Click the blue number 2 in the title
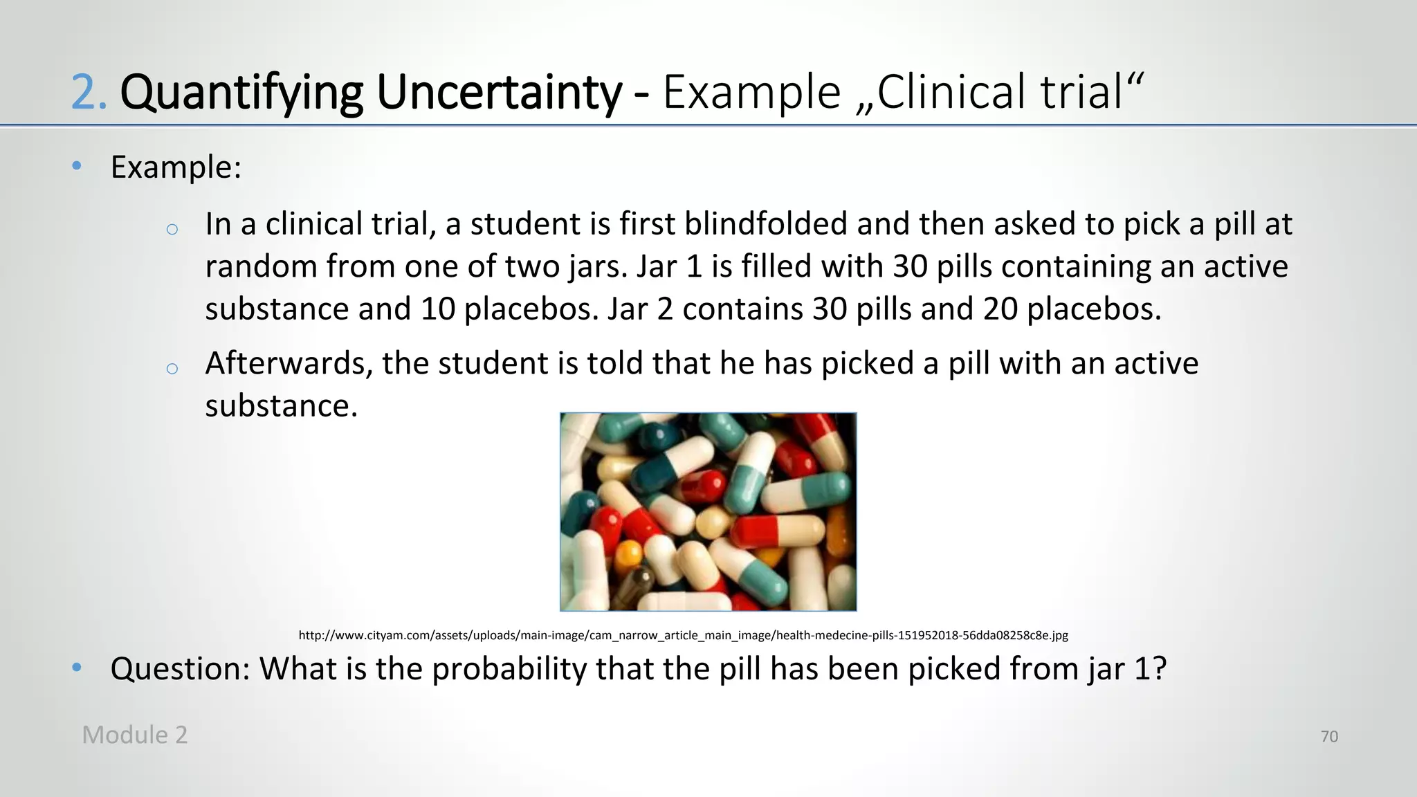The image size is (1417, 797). [88, 93]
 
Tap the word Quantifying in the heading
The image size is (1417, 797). [241, 93]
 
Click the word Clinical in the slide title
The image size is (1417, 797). [952, 93]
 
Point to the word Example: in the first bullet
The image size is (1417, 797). [176, 167]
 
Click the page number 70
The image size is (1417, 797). [1329, 737]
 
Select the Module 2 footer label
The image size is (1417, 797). [135, 735]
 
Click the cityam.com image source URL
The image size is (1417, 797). [683, 635]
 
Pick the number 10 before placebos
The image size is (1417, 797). [438, 309]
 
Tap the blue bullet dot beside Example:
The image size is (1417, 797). [77, 165]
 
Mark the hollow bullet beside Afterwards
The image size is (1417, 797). [172, 368]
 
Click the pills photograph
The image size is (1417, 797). [708, 512]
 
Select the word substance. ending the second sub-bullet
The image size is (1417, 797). [281, 405]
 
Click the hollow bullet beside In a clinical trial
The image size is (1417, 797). [172, 229]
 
